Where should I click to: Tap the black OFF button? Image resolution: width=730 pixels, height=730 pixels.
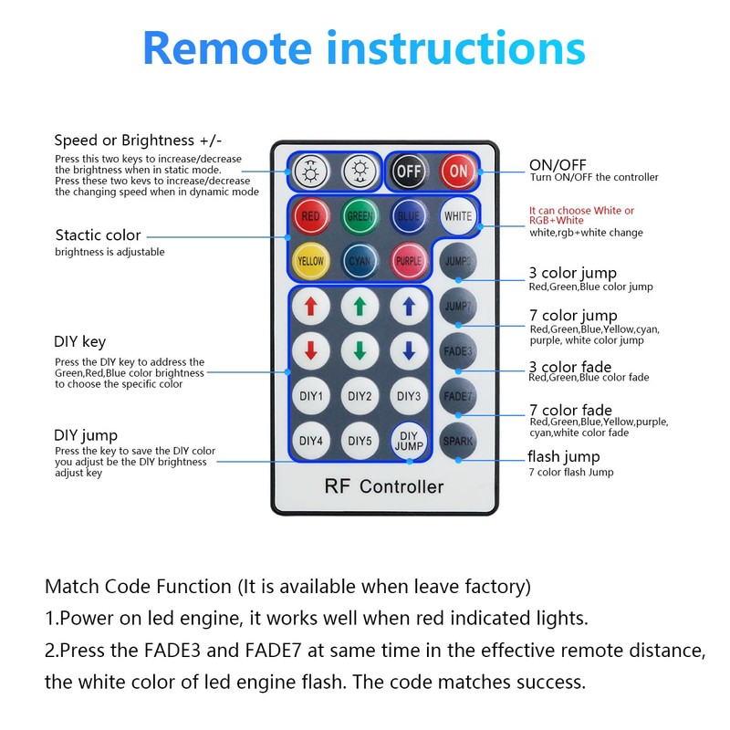point(409,171)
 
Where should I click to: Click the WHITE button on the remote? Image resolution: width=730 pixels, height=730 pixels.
point(457,216)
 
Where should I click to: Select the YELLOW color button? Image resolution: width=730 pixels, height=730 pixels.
point(310,261)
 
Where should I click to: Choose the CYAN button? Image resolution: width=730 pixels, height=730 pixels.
point(360,261)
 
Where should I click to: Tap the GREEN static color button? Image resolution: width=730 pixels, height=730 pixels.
point(360,216)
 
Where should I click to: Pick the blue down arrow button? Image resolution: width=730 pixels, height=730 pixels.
point(409,350)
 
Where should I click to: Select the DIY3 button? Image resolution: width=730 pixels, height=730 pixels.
point(409,396)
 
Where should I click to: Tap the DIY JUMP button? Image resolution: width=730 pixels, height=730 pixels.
point(409,441)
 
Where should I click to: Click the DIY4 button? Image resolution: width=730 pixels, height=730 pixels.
point(310,441)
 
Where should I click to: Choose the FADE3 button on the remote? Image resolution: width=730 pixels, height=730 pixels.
point(457,350)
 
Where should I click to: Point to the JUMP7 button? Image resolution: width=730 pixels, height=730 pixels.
point(457,306)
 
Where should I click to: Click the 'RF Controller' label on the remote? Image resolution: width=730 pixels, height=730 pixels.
point(383,486)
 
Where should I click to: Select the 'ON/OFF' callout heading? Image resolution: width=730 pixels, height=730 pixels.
point(558,165)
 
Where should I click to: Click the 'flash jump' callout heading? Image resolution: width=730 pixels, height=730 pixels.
point(563,456)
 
